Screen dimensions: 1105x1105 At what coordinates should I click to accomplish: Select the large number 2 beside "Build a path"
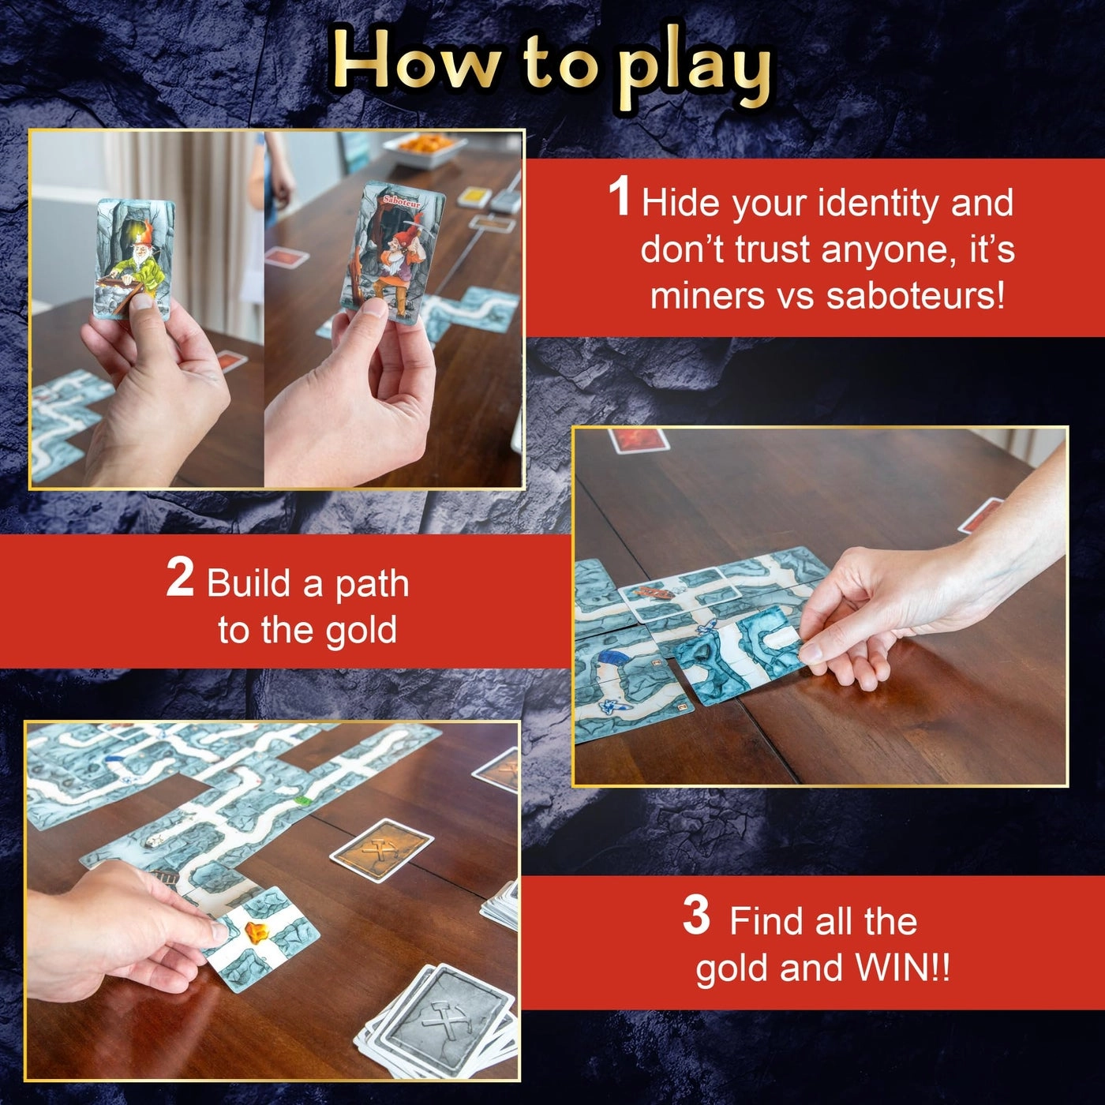coord(180,578)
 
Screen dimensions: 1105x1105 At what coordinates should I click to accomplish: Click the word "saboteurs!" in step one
coord(916,296)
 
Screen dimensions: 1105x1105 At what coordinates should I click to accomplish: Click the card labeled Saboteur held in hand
coord(392,253)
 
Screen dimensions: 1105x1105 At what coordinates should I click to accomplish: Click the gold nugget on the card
coord(256,933)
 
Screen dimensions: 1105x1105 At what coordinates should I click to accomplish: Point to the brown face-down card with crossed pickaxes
coord(381,850)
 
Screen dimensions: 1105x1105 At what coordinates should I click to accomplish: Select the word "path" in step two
coord(372,584)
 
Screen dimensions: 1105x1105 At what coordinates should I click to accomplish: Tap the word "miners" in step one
coord(707,296)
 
